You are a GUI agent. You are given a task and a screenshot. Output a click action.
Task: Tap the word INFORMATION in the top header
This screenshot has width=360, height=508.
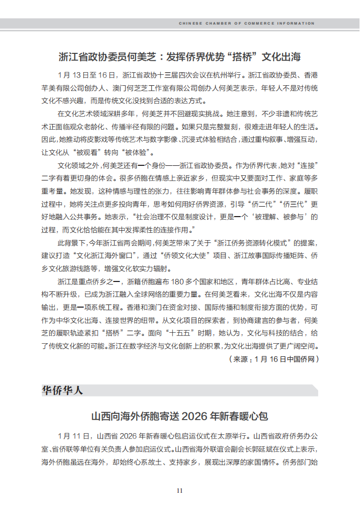pos(298,24)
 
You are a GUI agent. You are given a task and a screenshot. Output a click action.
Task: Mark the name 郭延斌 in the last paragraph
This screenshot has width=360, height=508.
pos(272,449)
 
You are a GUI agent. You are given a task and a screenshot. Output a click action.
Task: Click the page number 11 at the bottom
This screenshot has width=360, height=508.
pos(179,491)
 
